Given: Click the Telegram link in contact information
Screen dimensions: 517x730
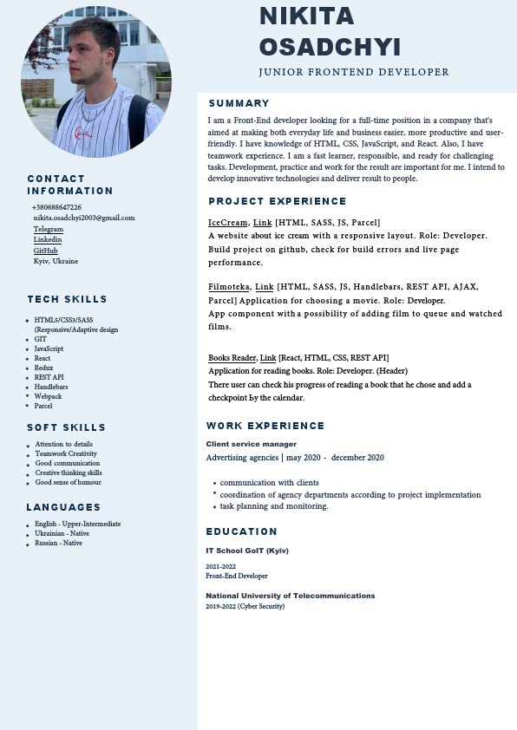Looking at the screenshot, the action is pos(49,229).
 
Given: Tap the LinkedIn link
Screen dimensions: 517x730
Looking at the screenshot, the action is pos(48,239).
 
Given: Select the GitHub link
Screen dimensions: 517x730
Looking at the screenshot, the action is pos(46,251).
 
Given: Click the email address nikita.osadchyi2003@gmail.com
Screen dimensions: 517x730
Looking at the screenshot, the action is pos(84,218).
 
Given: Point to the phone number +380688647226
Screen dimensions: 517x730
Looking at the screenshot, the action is pos(56,208).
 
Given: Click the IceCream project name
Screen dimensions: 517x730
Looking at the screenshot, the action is pos(227,223).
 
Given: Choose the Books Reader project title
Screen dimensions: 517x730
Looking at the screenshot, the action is pos(232,358).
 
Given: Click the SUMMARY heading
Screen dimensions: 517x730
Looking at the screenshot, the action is pos(239,104).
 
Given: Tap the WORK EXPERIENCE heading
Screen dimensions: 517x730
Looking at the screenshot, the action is pos(265,427).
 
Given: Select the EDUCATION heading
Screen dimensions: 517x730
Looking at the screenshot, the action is pos(241,531).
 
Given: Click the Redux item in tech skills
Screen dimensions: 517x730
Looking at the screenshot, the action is pos(43,368).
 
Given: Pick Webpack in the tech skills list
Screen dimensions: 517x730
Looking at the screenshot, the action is pos(49,396).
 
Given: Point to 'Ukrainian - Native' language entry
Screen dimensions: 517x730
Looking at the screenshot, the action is pos(62,534).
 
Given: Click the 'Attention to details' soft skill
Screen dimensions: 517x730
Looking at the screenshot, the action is pos(64,444).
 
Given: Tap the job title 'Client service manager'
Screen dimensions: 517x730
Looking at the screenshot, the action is pos(239,444).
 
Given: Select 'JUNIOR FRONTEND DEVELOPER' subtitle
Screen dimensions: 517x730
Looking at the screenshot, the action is pos(354,73).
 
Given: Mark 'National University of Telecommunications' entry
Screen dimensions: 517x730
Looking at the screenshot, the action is pos(290,596).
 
